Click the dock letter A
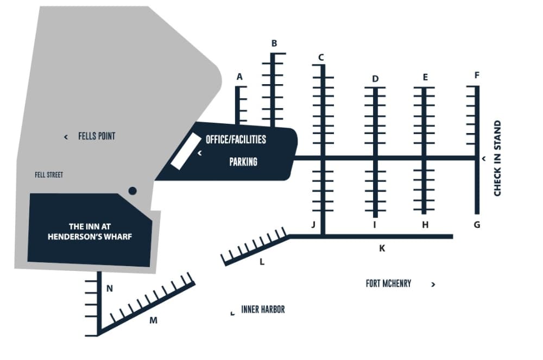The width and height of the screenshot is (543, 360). pos(239,77)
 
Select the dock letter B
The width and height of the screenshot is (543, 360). pos(274,43)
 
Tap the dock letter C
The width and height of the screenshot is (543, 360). pos(321,57)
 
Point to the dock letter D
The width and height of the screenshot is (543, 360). pos(375,79)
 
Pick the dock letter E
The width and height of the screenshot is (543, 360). pos(425,77)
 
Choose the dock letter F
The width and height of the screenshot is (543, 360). pos(477,75)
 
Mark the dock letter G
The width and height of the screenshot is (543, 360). pos(477,224)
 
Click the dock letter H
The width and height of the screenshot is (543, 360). pos(425,224)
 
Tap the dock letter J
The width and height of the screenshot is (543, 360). pos(313,224)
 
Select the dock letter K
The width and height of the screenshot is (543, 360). pos(382,248)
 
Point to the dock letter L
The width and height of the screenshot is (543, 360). pos(262,262)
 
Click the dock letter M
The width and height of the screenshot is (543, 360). pos(153,320)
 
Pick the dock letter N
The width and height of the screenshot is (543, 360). pos(110,288)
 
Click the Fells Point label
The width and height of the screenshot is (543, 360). pos(97,136)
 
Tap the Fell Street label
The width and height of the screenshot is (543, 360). pos(49,175)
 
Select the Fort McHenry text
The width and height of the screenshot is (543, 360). pos(388,283)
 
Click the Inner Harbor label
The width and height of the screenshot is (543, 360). pos(263,310)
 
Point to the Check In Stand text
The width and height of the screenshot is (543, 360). pos(497,158)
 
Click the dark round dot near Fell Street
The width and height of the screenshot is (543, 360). pos(131,191)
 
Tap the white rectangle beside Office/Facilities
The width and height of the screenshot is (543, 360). pos(183,150)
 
